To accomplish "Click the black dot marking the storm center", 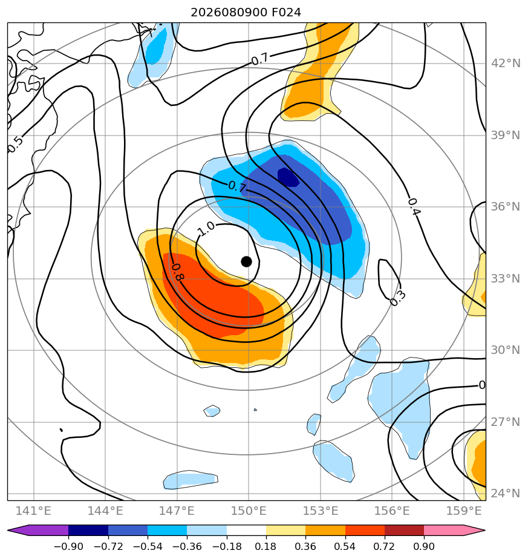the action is [246, 262].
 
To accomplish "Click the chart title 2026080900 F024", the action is [246, 13].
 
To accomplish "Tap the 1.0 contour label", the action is [206, 229].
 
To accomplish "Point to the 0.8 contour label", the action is [177, 272].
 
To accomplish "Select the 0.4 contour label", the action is [414, 207].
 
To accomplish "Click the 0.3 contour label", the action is [397, 298].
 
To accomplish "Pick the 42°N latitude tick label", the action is [506, 64].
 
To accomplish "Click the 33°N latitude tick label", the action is [506, 278].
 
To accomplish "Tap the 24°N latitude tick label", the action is [506, 494].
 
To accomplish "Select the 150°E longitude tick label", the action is [249, 511].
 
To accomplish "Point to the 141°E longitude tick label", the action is [33, 511].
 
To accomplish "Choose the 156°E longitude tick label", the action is [392, 511].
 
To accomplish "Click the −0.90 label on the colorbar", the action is [68, 546].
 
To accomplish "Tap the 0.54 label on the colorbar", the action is [345, 546].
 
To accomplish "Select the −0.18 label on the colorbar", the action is [226, 546].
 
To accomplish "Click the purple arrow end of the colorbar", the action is [18, 530].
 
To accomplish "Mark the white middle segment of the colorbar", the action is [246, 530].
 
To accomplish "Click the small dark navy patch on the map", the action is [288, 177].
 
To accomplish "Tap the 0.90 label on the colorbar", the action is [424, 546].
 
